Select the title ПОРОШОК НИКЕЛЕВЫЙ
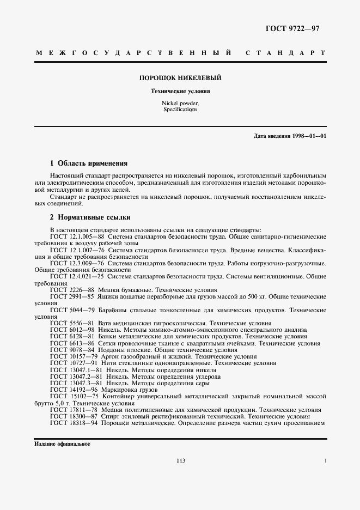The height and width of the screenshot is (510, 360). pos(181,78)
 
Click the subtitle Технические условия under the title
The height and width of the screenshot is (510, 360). pos(180,92)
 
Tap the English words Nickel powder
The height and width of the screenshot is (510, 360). pos(180,104)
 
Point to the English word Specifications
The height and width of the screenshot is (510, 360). pos(180,110)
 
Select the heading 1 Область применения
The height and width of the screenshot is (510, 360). pos(89,163)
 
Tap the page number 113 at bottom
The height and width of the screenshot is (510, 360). pos(181,461)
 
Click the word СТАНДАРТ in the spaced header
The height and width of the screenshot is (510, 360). pos(285,54)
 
